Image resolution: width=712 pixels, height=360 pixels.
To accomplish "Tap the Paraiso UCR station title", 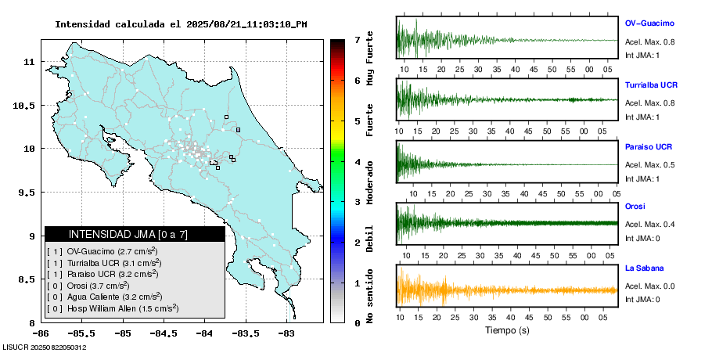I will point(649,146).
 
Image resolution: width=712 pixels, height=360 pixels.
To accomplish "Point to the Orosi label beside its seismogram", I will point(635,207).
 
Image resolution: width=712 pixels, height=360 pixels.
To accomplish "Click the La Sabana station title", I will point(644,268).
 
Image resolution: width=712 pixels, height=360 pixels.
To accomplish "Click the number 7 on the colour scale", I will point(357,39).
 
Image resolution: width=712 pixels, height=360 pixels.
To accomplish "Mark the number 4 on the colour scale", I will point(357,162).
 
